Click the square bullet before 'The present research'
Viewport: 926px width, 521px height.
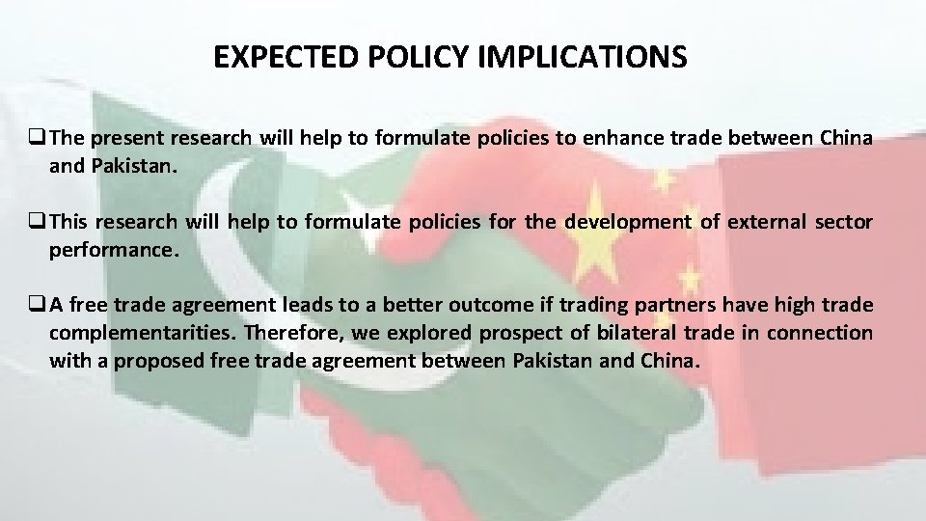click(40, 139)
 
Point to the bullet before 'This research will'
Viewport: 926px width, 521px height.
click(40, 223)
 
